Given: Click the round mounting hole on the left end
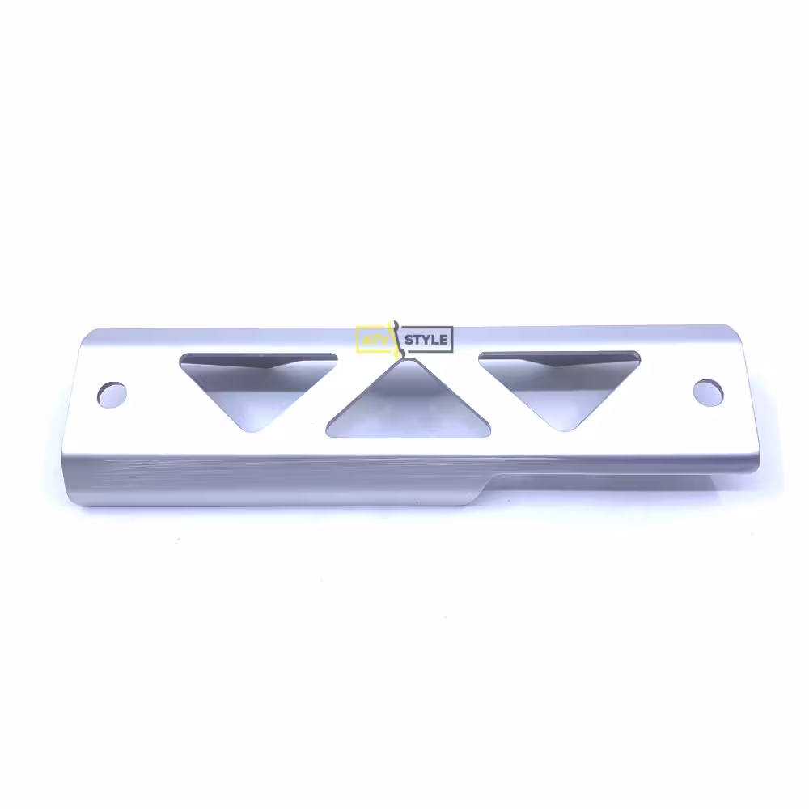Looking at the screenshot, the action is [112, 396].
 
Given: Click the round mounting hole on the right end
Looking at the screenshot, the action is [708, 393].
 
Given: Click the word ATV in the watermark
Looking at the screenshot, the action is [375, 340].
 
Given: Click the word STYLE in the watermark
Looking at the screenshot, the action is [426, 340].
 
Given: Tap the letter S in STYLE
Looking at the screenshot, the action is [409, 340].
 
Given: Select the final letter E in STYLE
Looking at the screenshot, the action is [443, 340].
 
